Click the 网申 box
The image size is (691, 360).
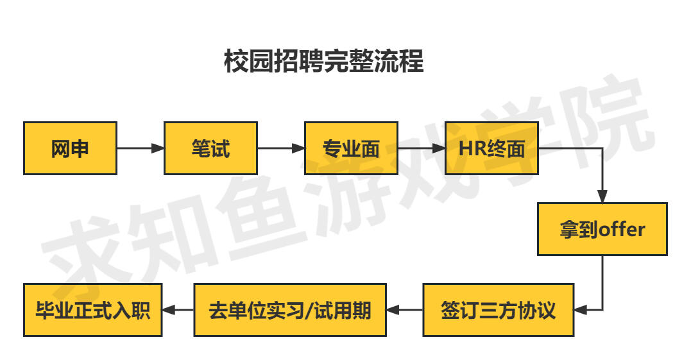pyautogui.click(x=70, y=148)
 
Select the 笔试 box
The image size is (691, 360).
pyautogui.click(x=210, y=148)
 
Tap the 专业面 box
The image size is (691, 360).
pyautogui.click(x=351, y=148)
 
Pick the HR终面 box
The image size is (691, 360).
pyautogui.click(x=492, y=148)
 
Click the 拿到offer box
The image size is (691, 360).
pyautogui.click(x=602, y=229)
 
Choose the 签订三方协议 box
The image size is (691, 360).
pyautogui.click(x=499, y=310)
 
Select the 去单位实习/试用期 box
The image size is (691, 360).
pyautogui.click(x=290, y=310)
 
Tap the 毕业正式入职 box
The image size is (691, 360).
pyautogui.click(x=93, y=310)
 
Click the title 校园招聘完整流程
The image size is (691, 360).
pyautogui.click(x=324, y=61)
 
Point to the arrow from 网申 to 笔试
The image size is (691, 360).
pyautogui.click(x=141, y=148)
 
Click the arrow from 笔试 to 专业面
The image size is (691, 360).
pyautogui.click(x=281, y=148)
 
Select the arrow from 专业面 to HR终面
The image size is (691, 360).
pyautogui.click(x=422, y=148)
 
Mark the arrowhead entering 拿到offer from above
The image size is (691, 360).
pyautogui.click(x=602, y=196)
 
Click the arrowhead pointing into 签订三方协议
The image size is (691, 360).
pyautogui.click(x=581, y=310)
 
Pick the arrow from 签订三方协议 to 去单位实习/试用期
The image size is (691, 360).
pyautogui.click(x=405, y=310)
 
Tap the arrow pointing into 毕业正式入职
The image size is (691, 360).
pyautogui.click(x=178, y=310)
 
